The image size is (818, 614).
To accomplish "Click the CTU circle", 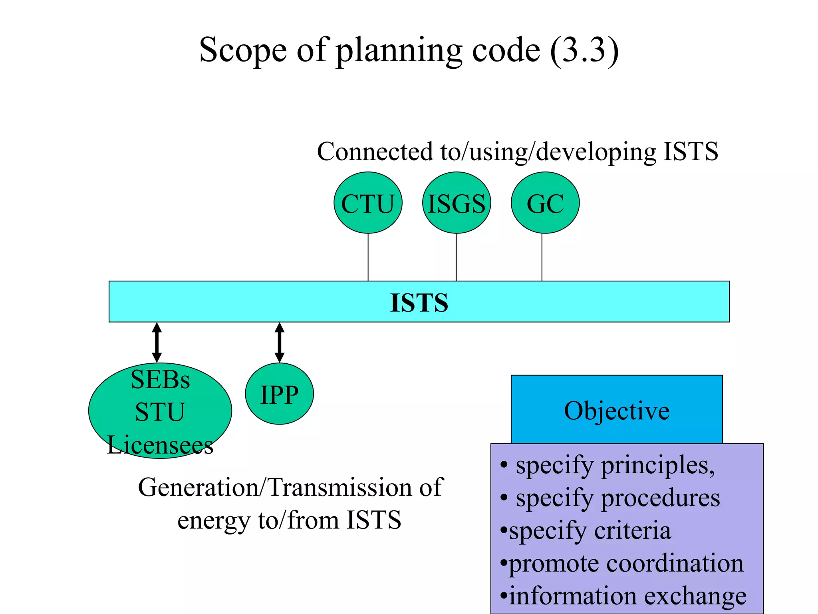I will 368,203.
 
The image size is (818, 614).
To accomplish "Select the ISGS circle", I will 457,203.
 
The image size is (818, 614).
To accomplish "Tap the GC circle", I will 545,203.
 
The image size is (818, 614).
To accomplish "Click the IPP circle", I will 279,394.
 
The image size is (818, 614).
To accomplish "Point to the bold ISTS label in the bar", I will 419,303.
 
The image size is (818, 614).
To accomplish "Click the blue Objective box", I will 617,410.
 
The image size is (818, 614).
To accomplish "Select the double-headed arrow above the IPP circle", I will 280,343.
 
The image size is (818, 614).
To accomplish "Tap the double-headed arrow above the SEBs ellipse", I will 157,343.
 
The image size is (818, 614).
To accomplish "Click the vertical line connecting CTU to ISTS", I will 368,257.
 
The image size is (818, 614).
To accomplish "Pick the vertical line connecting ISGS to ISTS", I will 457,257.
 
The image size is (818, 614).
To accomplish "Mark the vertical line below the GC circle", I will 542,257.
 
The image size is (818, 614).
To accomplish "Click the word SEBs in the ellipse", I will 160,380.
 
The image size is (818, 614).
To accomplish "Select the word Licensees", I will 160,445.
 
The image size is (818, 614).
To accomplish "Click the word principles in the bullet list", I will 657,466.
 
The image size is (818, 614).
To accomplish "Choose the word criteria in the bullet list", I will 633,531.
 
